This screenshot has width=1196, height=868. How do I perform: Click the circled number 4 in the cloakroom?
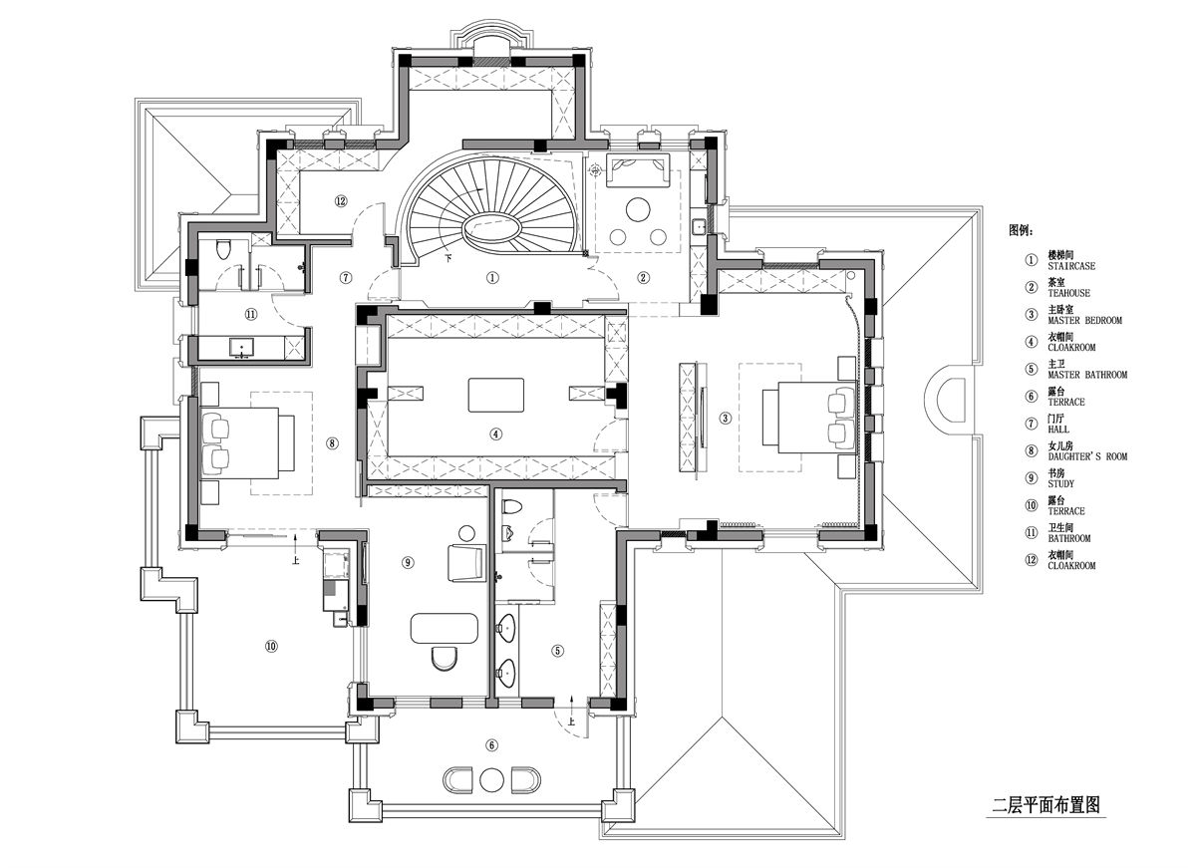pos(496,434)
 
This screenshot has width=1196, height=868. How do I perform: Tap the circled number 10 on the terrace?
pos(271,646)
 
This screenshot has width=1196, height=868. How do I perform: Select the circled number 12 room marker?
pos(341,200)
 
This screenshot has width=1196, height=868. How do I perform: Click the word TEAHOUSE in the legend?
pos(1068,293)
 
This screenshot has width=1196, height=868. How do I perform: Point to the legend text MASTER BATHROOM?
pos(1087,375)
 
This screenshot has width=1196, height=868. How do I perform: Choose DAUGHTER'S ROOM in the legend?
pos(1087,456)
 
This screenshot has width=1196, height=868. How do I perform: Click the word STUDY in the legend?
pos(1060,483)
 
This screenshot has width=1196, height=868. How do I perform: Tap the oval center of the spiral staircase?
pos(491,228)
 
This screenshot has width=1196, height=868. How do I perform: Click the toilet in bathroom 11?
pos(223,250)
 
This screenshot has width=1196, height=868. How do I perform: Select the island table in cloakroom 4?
pos(496,395)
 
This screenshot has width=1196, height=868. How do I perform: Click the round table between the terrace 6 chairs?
pos(491,780)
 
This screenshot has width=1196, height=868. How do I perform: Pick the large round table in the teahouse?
pos(638,208)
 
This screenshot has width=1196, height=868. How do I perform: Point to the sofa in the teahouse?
pos(638,170)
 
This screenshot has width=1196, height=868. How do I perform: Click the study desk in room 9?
pos(445,628)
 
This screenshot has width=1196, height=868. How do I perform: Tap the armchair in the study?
pos(466,562)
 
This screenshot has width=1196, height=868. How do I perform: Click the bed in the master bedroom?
pos(810,418)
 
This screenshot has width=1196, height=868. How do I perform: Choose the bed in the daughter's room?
pos(248,443)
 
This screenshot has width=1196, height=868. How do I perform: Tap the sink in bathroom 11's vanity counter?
pos(242,347)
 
